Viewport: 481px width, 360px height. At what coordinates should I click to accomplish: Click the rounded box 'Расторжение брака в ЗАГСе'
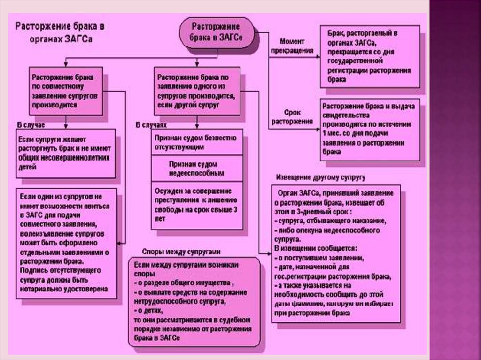[216, 32]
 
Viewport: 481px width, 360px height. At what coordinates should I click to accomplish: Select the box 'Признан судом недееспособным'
[197, 169]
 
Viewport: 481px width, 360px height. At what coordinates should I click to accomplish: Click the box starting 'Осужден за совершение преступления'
[197, 205]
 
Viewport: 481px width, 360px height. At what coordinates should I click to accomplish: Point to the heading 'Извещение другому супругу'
[320, 177]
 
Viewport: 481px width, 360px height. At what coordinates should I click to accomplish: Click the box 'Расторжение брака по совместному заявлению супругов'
[65, 91]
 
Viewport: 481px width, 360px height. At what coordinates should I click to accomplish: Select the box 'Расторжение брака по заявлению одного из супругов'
[197, 91]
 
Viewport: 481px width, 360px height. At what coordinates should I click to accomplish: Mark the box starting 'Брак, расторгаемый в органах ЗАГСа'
[370, 56]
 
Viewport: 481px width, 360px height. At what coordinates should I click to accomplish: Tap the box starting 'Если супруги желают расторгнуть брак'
[65, 153]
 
